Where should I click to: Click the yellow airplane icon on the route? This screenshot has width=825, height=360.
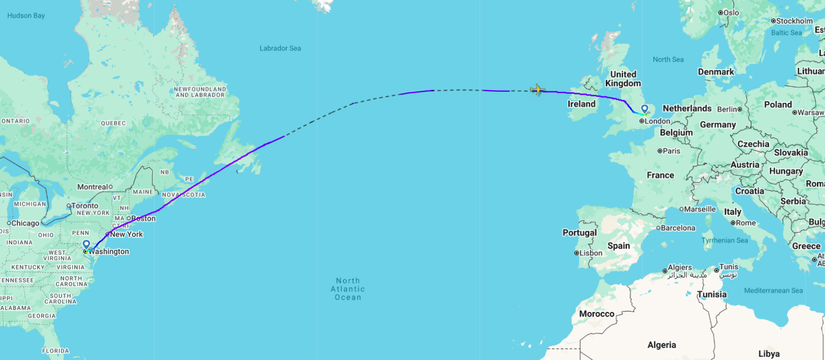[x=538, y=90]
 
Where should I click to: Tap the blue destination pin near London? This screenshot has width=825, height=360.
[x=645, y=109]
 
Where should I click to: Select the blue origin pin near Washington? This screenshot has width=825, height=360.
[x=87, y=244]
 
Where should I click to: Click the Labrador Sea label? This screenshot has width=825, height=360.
[x=280, y=48]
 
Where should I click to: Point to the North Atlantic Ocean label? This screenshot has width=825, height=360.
[x=347, y=289]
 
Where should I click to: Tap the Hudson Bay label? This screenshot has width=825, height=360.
[x=26, y=16]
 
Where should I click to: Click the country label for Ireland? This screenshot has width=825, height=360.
[x=581, y=104]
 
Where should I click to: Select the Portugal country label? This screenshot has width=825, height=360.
[x=579, y=232]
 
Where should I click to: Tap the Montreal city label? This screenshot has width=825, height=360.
[x=92, y=187]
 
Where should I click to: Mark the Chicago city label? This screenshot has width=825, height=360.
[x=25, y=223]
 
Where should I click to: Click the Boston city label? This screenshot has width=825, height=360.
[x=142, y=218]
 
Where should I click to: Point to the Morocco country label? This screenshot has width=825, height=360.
[x=594, y=314]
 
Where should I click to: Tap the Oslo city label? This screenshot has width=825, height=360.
[x=731, y=13]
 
